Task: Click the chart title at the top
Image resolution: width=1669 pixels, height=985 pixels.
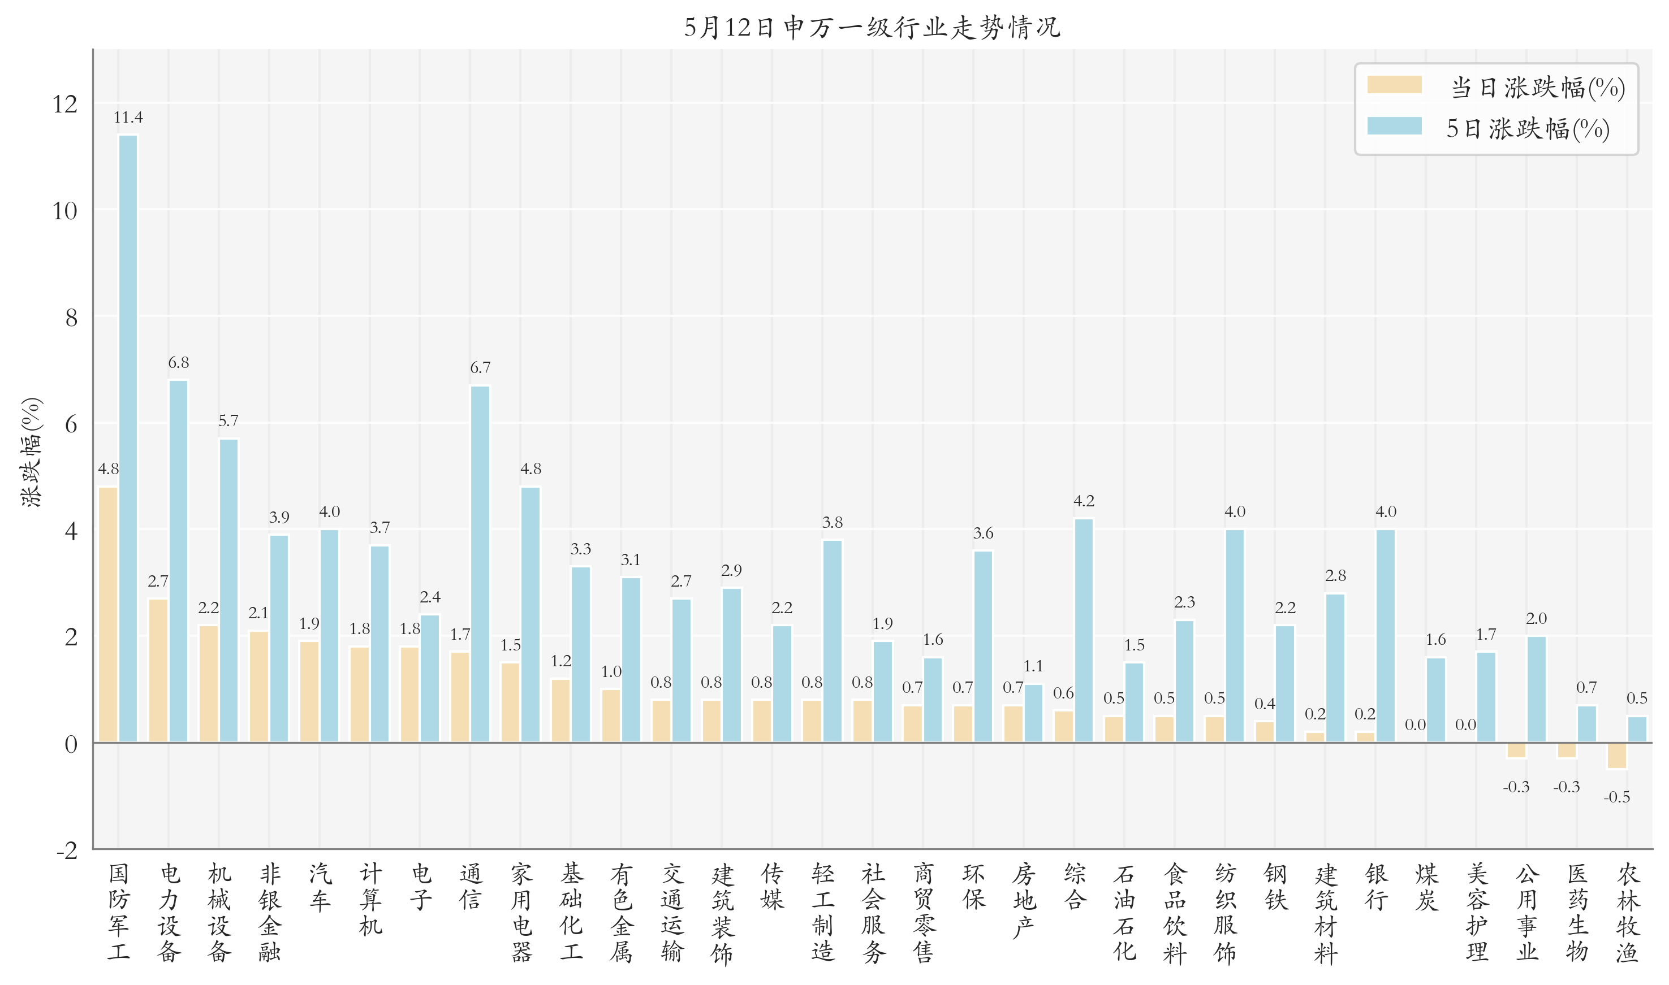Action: [x=872, y=27]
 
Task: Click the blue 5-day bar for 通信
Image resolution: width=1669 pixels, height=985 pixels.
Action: [x=480, y=563]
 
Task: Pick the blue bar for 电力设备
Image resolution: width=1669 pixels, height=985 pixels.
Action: [x=178, y=561]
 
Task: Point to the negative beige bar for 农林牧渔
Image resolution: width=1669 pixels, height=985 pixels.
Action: [x=1616, y=756]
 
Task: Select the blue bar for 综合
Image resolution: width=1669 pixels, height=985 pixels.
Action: [x=1083, y=630]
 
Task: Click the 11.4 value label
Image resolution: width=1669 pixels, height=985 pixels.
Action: [x=128, y=118]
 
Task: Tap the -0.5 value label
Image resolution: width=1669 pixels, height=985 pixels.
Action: [x=1616, y=797]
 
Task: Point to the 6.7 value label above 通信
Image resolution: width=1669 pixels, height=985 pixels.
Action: [x=480, y=368]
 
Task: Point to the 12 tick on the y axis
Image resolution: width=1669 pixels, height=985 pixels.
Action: [x=65, y=104]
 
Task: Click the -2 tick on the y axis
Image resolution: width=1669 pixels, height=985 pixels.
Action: [x=66, y=851]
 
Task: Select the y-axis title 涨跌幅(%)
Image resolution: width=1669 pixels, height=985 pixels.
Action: [x=31, y=452]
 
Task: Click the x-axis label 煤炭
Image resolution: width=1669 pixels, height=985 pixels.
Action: [x=1426, y=887]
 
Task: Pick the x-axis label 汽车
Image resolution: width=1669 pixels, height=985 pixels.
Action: [x=320, y=887]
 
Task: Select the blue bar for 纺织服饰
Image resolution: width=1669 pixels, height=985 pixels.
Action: [x=1234, y=635]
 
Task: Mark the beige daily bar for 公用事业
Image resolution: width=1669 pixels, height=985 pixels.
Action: [x=1516, y=750]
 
